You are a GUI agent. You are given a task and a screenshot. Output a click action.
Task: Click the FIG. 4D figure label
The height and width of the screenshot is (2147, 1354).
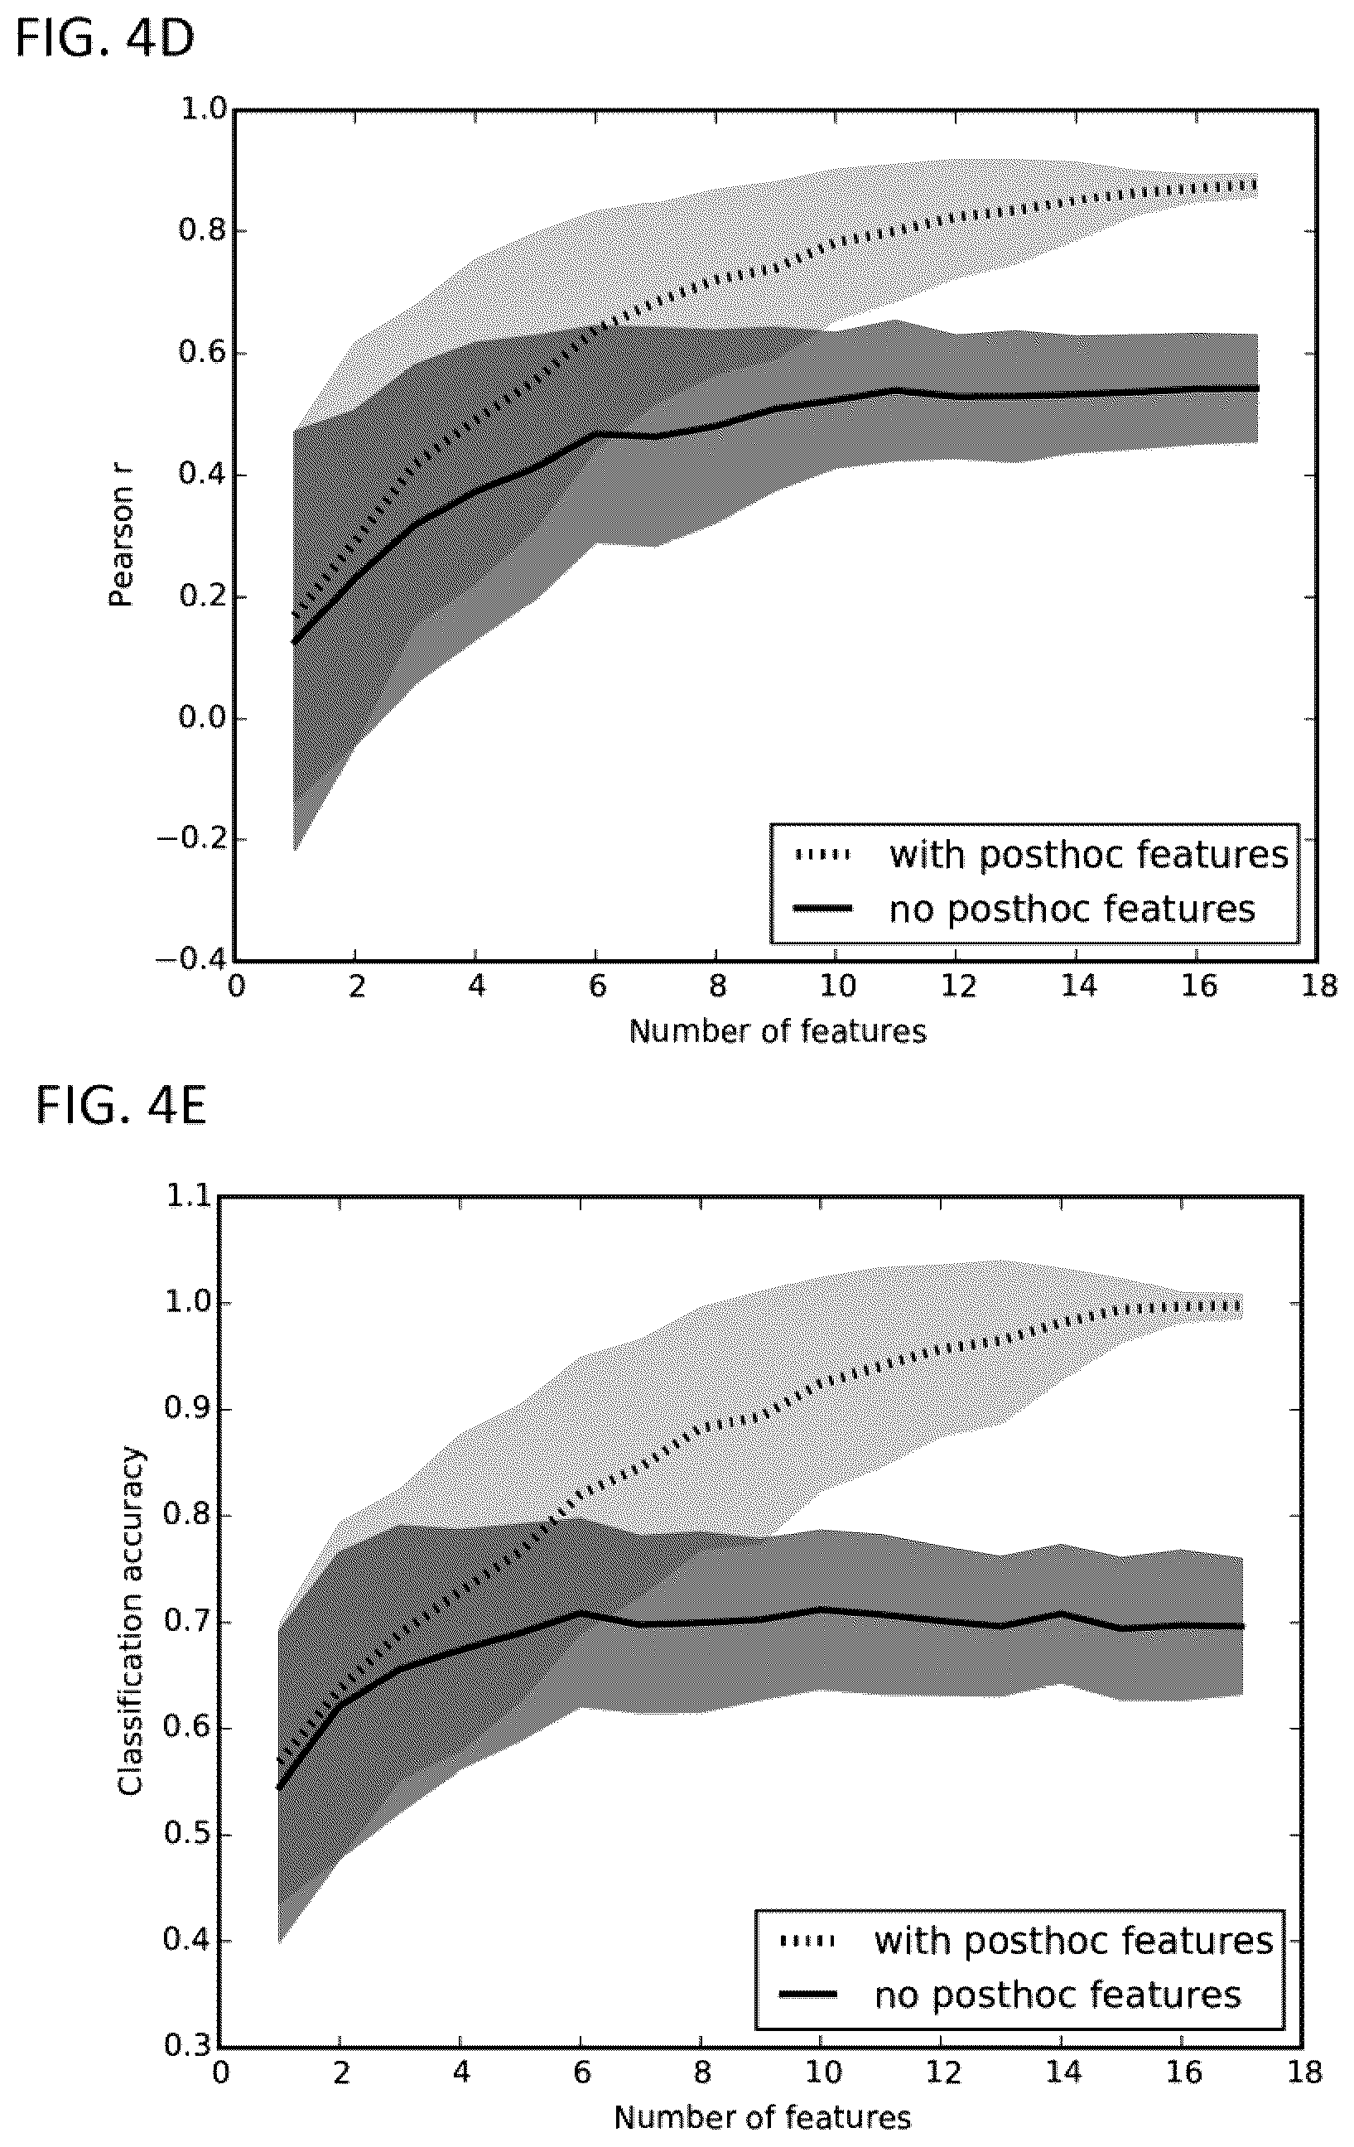[105, 41]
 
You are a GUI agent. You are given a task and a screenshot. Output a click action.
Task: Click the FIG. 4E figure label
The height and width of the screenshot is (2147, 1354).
[121, 1107]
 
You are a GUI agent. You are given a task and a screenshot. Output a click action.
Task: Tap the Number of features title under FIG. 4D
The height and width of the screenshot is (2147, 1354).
[778, 1031]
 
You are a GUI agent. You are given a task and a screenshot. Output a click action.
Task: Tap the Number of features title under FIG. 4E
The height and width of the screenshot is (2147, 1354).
[762, 2117]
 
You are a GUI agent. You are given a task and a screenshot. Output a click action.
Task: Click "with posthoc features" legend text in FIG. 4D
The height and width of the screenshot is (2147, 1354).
[1088, 854]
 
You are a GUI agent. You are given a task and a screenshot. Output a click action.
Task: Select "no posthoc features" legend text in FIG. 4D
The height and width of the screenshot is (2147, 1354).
[1072, 909]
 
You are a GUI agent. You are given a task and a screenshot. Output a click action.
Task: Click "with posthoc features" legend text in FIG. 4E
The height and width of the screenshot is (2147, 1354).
[1073, 1940]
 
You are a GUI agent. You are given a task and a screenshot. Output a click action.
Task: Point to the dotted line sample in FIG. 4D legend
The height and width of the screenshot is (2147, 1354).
[824, 855]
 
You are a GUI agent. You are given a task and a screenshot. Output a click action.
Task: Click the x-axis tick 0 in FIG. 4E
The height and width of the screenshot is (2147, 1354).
[221, 2073]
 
